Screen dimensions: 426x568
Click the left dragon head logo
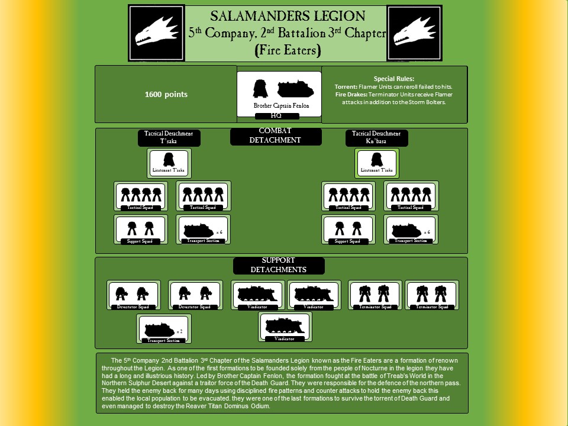[156, 33]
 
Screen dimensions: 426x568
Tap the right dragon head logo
[414, 33]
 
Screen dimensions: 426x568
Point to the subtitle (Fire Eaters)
[287, 50]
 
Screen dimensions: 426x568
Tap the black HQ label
[276, 116]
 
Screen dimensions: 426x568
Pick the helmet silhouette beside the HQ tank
[260, 89]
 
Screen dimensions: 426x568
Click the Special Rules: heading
[394, 79]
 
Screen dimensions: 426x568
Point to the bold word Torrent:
[346, 86]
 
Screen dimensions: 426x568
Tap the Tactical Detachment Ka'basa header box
[376, 138]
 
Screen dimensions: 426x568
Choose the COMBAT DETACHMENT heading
[275, 136]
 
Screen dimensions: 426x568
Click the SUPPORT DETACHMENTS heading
[277, 265]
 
